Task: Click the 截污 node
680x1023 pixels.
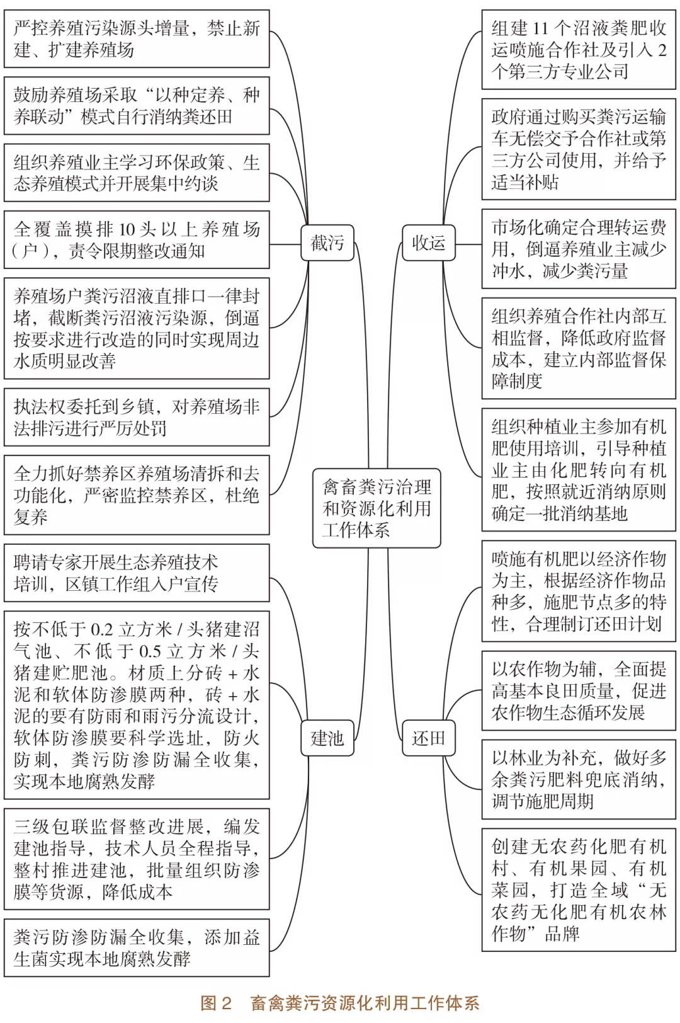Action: (x=327, y=243)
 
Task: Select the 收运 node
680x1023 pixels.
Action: (x=428, y=243)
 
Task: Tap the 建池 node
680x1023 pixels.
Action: (x=327, y=738)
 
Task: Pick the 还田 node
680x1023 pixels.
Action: (x=428, y=738)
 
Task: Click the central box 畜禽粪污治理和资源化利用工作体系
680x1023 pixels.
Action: (x=377, y=508)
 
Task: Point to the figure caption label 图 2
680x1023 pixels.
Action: (x=216, y=1003)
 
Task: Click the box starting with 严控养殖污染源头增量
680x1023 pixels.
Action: (x=137, y=39)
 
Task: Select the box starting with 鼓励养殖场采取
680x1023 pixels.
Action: (x=137, y=106)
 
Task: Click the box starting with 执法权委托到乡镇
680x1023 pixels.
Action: (x=137, y=417)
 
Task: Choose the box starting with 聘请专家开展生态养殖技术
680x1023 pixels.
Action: (x=137, y=573)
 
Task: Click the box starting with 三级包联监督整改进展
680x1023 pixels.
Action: (x=137, y=859)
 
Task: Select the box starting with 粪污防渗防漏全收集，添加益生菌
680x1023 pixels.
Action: (x=137, y=948)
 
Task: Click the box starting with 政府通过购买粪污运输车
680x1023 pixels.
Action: (x=579, y=149)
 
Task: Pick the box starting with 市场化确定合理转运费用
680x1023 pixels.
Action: (x=579, y=249)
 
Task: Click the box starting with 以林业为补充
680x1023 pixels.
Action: (x=579, y=779)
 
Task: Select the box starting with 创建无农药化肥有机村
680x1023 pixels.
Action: (x=579, y=889)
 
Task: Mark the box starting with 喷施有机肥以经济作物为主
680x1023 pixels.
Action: (x=579, y=592)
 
